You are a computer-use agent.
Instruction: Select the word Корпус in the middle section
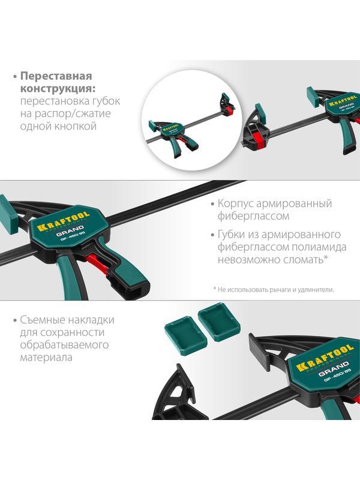click(235, 203)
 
